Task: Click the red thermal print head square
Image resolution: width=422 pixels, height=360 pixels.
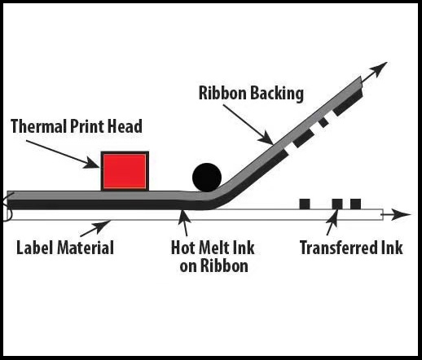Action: pos(125,171)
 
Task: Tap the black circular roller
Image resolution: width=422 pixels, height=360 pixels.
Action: pos(207,178)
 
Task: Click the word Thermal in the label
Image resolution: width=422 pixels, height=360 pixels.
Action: pos(39,126)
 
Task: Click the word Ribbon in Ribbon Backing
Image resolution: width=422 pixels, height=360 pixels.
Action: pos(222,93)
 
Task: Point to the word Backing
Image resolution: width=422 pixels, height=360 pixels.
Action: pos(277,94)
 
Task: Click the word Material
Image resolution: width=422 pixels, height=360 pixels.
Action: pos(86,248)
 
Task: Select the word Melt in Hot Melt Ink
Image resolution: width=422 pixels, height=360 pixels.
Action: pos(212,248)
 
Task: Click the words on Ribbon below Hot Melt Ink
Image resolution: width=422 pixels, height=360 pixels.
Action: pos(213,266)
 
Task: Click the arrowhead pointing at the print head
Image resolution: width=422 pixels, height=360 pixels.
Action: pos(92,163)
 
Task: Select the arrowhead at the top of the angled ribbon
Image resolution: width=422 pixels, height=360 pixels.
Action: pos(379,69)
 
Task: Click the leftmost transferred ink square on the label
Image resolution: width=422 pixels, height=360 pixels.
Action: pos(305,204)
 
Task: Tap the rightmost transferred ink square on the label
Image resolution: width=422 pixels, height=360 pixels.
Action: pos(355,204)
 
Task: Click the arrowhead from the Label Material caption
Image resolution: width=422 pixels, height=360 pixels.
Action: pos(103,226)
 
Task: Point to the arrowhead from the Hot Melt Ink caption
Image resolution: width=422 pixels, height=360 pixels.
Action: pos(184,217)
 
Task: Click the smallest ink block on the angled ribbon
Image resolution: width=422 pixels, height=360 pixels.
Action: pos(323,122)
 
